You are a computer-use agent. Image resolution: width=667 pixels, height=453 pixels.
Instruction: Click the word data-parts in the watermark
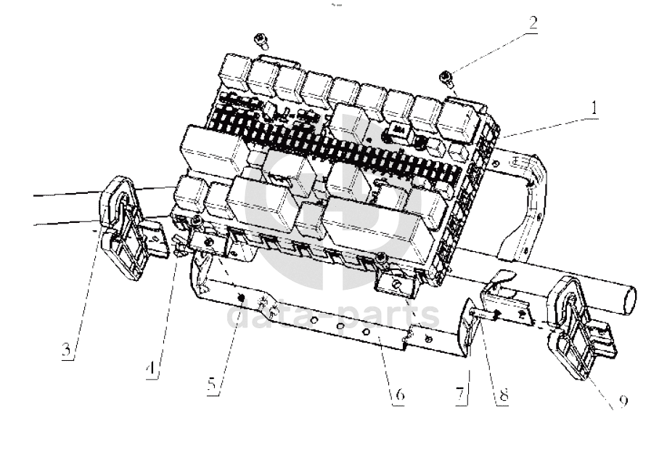[333, 317]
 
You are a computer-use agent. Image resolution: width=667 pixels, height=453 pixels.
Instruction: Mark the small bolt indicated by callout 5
[238, 298]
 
